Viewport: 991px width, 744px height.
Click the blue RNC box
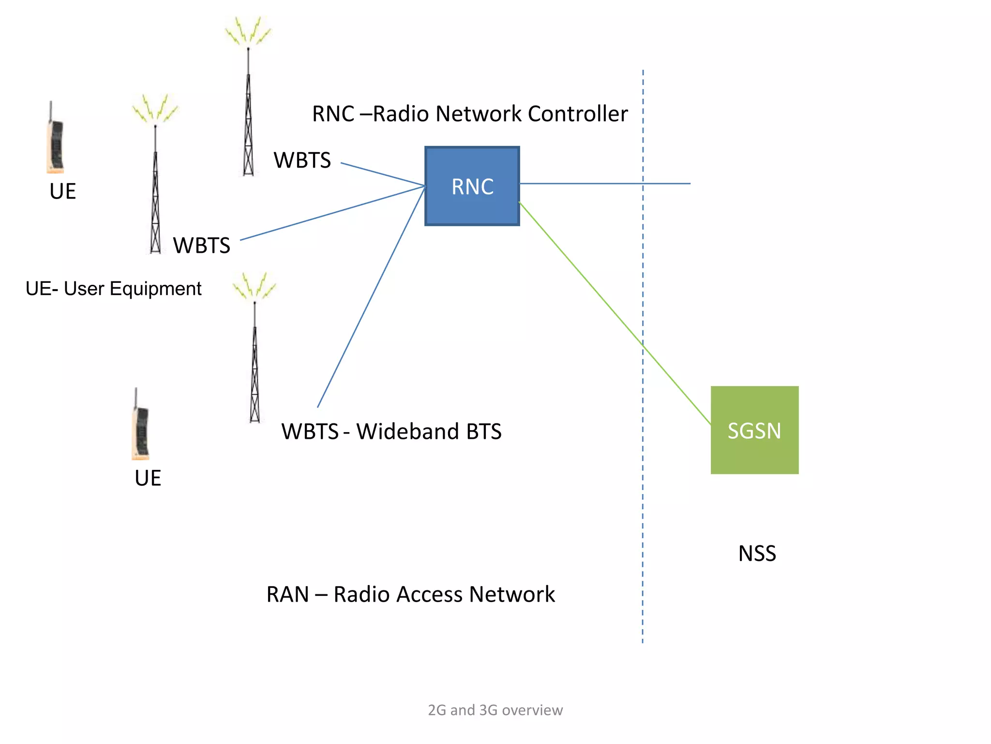click(472, 186)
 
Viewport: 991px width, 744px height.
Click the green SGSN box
click(754, 430)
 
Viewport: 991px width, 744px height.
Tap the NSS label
click(757, 553)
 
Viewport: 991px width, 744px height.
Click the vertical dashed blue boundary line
click(643, 436)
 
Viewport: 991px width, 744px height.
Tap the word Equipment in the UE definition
click(155, 289)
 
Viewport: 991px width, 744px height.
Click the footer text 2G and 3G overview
click(495, 710)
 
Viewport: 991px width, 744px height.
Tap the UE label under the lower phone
click(148, 478)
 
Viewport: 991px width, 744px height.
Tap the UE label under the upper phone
click(62, 191)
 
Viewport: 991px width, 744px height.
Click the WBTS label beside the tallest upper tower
click(302, 160)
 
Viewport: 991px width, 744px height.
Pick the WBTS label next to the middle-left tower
click(201, 245)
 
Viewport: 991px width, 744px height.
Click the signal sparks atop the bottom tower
click(254, 286)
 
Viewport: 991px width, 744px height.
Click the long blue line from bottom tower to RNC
click(371, 298)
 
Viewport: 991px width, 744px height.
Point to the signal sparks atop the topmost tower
click(248, 31)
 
